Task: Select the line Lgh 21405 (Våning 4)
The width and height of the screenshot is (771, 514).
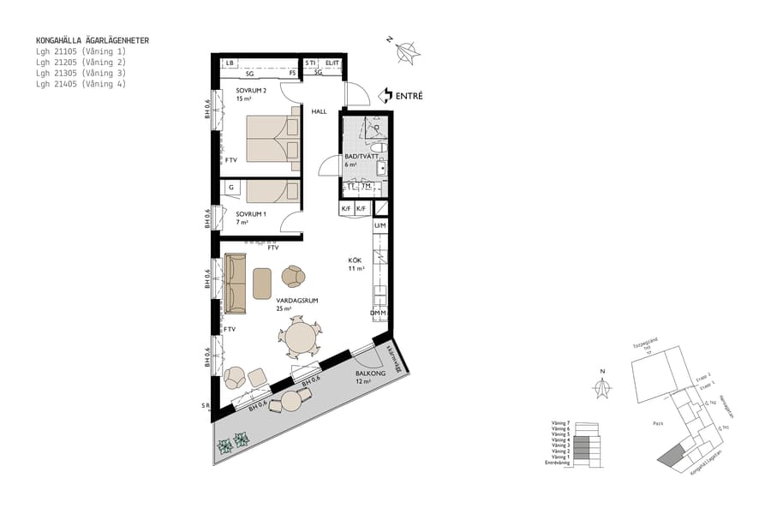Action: [x=81, y=84]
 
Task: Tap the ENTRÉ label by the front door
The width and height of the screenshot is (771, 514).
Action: [x=408, y=96]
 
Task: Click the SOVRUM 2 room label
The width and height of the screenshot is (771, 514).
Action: [x=251, y=92]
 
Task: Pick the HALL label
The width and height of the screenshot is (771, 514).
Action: [x=319, y=111]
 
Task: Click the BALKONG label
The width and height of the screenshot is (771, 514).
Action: [x=370, y=374]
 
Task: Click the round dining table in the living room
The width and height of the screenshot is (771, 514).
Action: [x=301, y=338]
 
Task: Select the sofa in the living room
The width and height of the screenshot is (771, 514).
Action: [x=235, y=283]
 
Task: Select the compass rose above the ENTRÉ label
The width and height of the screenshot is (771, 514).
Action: [x=409, y=51]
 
